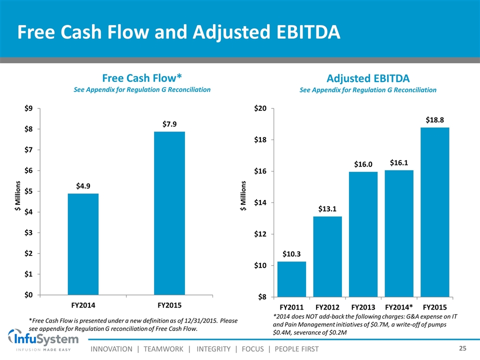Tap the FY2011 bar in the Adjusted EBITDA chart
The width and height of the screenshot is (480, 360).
[291, 279]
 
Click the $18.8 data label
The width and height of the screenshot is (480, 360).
[434, 119]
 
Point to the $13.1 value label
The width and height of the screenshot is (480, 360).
[327, 208]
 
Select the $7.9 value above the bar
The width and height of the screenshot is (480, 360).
[169, 123]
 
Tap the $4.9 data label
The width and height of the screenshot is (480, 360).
[83, 185]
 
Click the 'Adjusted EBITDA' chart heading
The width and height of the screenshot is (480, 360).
[367, 78]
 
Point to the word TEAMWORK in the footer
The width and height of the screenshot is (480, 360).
[159, 348]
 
